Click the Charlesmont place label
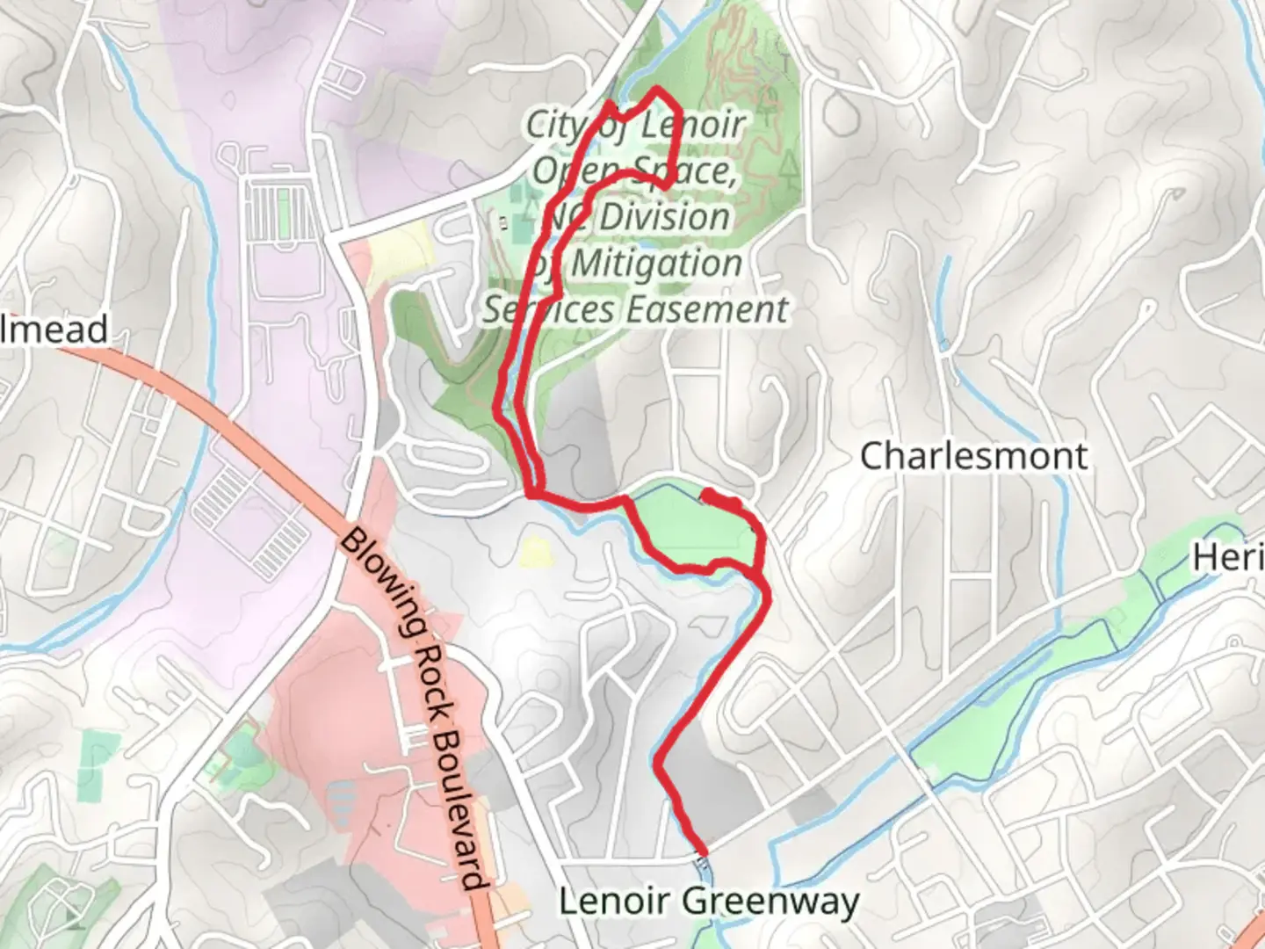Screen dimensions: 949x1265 [x=973, y=456]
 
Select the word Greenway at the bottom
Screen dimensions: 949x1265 [x=770, y=902]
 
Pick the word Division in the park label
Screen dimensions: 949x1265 [x=664, y=217]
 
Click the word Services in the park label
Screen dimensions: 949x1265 [x=549, y=309]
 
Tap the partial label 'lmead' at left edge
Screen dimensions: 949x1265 [x=54, y=330]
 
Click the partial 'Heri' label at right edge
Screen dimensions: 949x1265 [x=1227, y=557]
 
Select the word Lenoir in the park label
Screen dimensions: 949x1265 [x=693, y=125]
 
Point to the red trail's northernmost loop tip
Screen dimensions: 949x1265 [x=654, y=91]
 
